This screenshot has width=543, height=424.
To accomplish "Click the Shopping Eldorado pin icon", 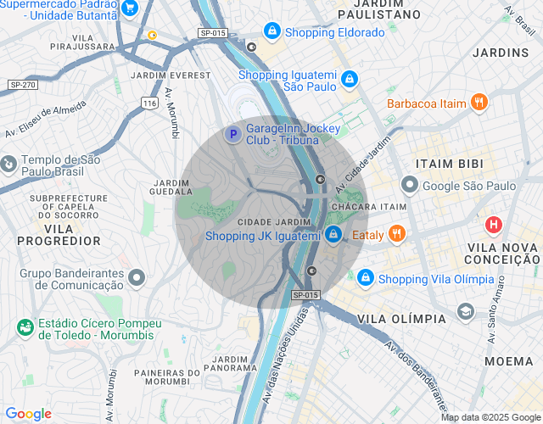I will [x=271, y=32].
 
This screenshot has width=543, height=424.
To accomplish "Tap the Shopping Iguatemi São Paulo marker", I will [x=349, y=79].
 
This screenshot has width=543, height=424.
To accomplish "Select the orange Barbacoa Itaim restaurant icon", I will [x=479, y=103].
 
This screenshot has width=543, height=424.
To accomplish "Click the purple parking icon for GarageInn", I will [x=232, y=134].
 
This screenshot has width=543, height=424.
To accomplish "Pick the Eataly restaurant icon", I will [x=397, y=234].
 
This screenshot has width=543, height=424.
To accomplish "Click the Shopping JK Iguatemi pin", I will [x=333, y=234].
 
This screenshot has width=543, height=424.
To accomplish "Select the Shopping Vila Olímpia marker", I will [x=365, y=278].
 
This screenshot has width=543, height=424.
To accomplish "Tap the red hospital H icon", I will [x=493, y=226].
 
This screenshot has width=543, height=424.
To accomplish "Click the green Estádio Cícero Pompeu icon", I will [x=25, y=326].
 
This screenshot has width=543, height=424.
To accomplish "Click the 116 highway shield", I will [x=150, y=103].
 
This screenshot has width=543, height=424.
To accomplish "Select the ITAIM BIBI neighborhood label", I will [x=449, y=163].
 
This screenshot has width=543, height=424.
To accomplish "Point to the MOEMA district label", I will [x=509, y=361].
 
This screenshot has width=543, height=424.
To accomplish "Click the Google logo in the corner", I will [x=28, y=414].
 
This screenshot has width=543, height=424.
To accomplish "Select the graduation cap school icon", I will [x=465, y=312].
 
